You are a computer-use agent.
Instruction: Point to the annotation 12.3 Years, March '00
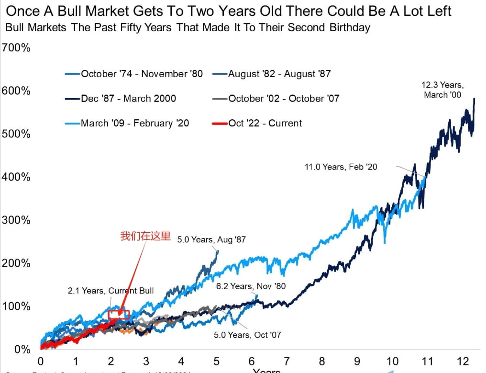pos(442,90)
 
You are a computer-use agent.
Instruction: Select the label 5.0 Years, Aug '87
pos(211,239)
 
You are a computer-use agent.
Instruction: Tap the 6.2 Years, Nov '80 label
pos(251,286)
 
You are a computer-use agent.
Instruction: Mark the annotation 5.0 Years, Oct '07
pos(247,334)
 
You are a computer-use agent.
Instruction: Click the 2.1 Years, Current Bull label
pos(110,291)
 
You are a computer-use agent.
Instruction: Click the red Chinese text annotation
pos(145,236)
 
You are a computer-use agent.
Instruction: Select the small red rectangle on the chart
pos(119,315)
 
